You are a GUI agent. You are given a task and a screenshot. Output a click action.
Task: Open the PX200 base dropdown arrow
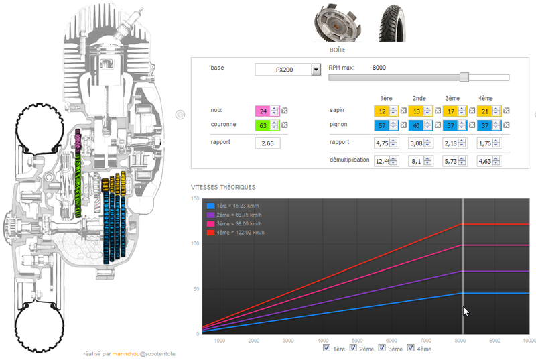316,70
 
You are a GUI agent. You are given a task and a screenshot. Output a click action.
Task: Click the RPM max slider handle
464,77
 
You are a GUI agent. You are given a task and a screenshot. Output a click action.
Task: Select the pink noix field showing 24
263,111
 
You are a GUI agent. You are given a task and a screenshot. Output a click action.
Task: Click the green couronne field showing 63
263,125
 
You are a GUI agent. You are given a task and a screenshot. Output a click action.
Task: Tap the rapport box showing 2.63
267,143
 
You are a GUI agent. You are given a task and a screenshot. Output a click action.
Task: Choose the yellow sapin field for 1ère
382,111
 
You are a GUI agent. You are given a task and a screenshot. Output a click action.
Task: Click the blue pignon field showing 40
416,125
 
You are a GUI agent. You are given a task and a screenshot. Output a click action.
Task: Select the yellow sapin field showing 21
484,111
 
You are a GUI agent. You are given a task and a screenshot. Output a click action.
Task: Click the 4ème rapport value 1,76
484,143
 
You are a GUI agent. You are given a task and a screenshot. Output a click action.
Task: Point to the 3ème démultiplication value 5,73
450,161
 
